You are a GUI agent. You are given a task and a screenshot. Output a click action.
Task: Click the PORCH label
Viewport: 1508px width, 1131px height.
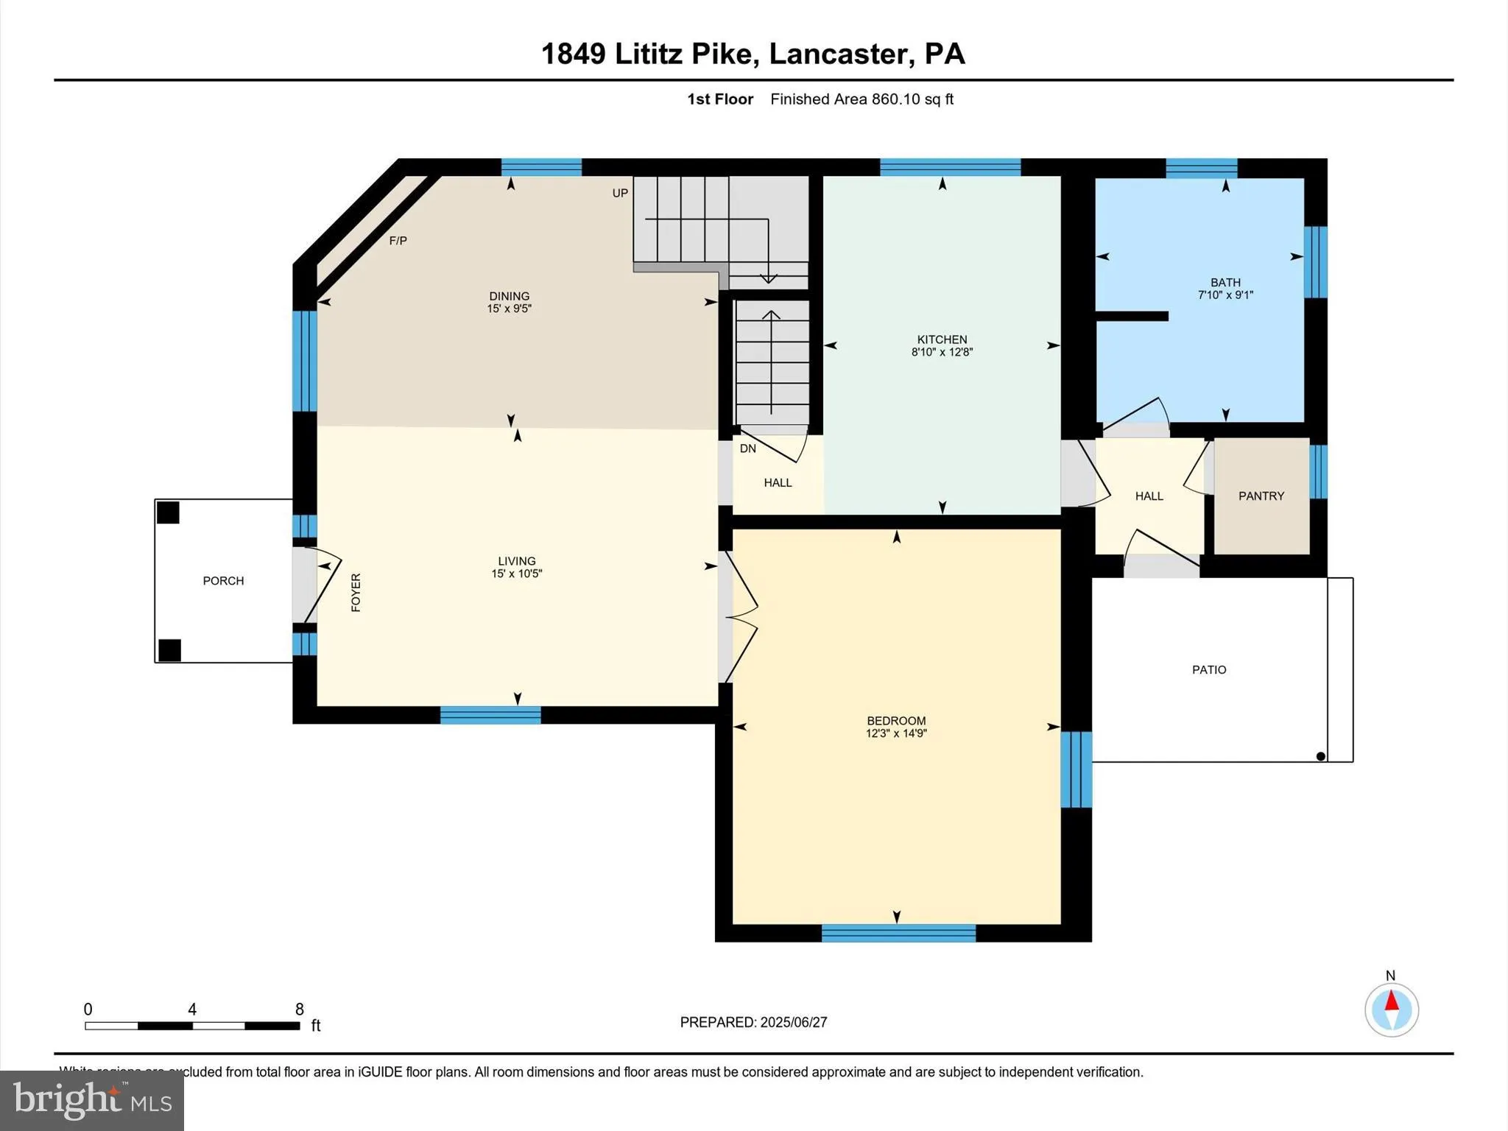click(x=223, y=581)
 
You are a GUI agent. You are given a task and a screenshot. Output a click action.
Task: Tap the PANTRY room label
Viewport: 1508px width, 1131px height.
click(x=1261, y=496)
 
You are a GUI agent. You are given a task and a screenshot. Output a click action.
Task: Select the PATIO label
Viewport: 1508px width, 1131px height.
click(x=1209, y=670)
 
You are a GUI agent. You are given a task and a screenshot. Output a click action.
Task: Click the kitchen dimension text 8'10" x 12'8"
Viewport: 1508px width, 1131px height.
click(x=942, y=353)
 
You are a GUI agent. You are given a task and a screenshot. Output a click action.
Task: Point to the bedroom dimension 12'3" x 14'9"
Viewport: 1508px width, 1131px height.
click(x=896, y=733)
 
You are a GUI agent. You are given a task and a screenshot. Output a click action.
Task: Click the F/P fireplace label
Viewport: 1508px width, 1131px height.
click(x=398, y=241)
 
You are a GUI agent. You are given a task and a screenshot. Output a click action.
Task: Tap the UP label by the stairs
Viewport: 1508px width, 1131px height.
click(x=620, y=193)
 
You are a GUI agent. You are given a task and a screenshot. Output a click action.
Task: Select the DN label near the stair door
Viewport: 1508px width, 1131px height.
click(x=747, y=448)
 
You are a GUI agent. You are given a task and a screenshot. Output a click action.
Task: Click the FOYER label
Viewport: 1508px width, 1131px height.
click(x=356, y=593)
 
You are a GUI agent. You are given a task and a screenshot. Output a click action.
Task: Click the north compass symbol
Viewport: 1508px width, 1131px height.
click(x=1392, y=1010)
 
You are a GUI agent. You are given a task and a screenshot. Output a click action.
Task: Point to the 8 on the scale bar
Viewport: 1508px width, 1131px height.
click(x=299, y=1010)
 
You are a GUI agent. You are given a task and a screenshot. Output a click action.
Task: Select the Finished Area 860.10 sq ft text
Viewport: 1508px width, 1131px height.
click(x=862, y=99)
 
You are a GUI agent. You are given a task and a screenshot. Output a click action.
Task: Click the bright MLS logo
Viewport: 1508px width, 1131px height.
click(x=92, y=1100)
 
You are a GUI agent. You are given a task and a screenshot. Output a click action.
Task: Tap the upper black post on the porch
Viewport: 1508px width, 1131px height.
click(x=168, y=512)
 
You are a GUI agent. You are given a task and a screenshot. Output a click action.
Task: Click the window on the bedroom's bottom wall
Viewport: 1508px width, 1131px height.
click(x=898, y=933)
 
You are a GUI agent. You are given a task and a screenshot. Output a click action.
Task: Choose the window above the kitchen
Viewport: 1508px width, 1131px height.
click(x=950, y=167)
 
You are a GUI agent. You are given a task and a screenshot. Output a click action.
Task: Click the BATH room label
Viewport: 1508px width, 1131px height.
click(x=1225, y=283)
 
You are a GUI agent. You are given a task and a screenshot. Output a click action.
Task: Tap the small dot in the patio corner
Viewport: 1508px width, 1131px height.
click(x=1320, y=756)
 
